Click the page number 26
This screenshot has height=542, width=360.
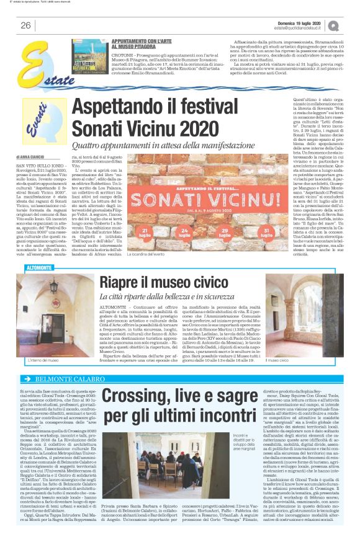point(25,25)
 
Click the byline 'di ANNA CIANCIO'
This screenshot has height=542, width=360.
point(30,158)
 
